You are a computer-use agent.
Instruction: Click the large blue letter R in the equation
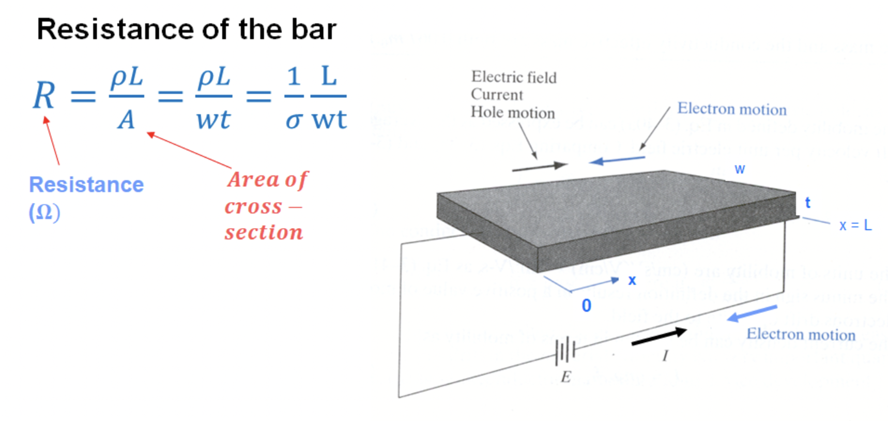coord(44,96)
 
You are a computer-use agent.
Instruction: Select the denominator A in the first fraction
coord(126,121)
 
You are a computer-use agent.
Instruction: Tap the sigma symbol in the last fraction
coord(293,121)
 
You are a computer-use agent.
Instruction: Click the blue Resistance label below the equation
coord(86,185)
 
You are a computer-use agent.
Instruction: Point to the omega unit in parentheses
coord(44,212)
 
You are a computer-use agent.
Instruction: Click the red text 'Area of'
coord(267,179)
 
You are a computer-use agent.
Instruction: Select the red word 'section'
coord(264,232)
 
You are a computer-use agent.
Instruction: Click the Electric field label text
coord(514,77)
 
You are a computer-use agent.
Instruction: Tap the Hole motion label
coord(513,112)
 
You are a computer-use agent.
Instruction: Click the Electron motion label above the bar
coord(732,109)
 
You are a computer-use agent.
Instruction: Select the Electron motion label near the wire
coord(801,334)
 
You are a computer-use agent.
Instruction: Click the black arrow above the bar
coord(539,167)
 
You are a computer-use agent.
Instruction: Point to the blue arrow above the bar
coord(617,160)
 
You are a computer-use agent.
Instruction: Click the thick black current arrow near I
coord(659,337)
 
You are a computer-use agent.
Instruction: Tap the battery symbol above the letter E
coord(565,351)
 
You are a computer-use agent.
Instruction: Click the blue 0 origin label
coord(586,306)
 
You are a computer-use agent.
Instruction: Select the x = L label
coord(855,225)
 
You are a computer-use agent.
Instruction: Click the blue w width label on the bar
coord(740,169)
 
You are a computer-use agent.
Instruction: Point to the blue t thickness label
coord(807,203)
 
